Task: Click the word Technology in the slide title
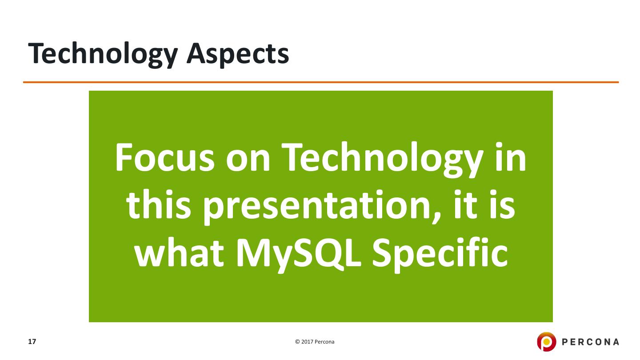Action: point(103,54)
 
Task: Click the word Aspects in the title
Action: point(238,54)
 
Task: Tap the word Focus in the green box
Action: point(165,157)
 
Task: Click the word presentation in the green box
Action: point(317,207)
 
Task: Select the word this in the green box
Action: point(159,204)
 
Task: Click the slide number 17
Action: point(32,342)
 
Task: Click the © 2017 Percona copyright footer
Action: point(315,342)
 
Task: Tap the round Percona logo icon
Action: point(546,342)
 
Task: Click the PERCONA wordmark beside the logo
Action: point(590,342)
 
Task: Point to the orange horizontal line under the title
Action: point(321,82)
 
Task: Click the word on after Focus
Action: point(248,161)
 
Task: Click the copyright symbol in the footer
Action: point(297,342)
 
